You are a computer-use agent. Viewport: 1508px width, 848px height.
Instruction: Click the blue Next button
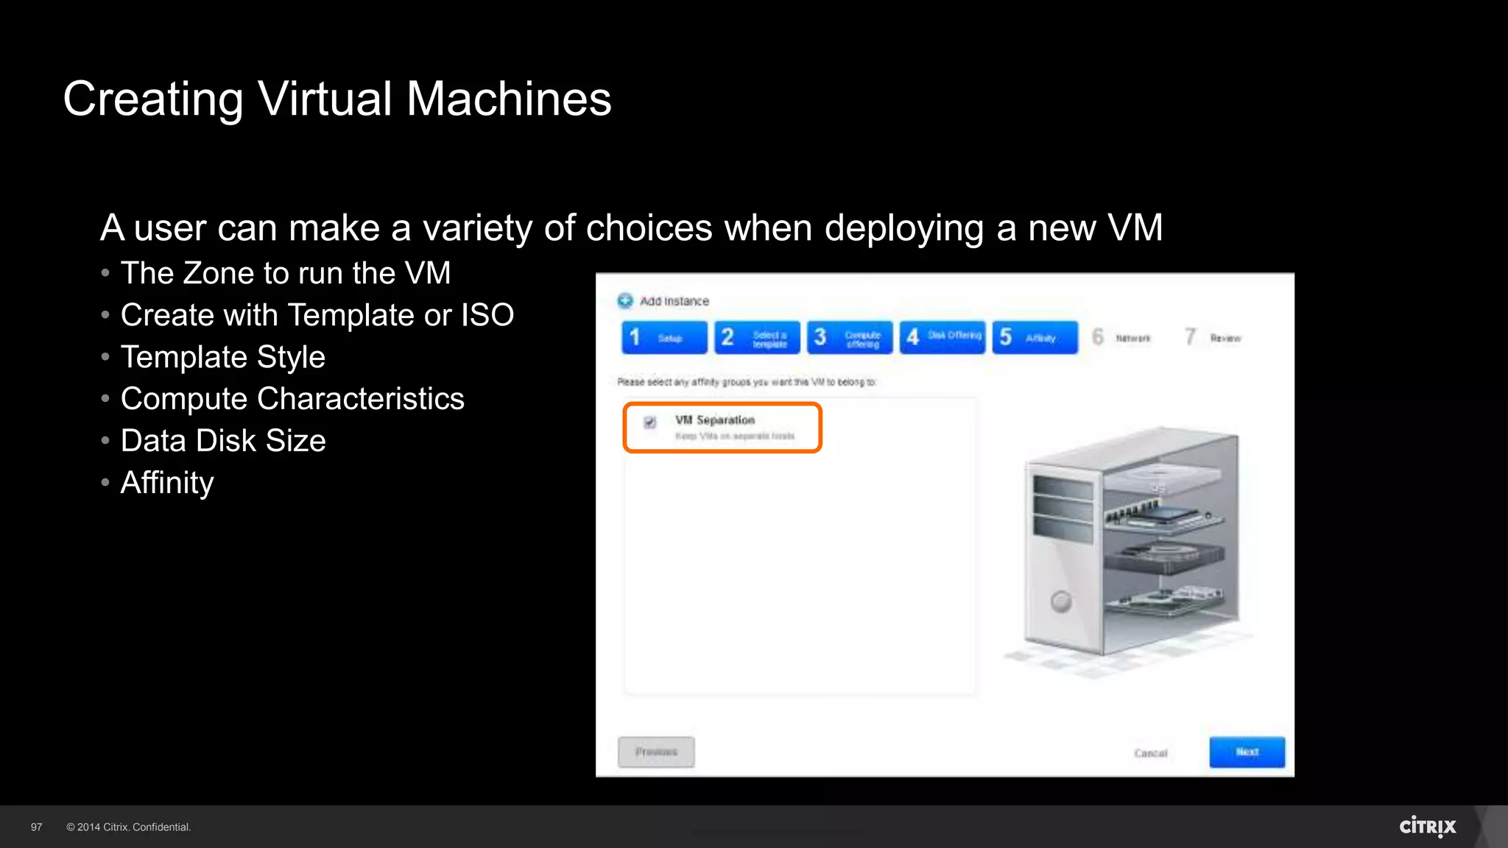pyautogui.click(x=1247, y=752)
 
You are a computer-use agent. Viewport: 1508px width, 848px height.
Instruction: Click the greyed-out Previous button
pyautogui.click(x=655, y=752)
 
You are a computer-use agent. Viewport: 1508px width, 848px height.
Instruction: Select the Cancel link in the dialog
pyautogui.click(x=1150, y=753)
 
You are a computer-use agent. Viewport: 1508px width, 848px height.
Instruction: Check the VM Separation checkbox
pyautogui.click(x=649, y=423)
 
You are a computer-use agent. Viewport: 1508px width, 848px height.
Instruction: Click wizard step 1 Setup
pyautogui.click(x=664, y=337)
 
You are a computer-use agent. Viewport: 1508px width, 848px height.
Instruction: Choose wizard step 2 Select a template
pyautogui.click(x=757, y=337)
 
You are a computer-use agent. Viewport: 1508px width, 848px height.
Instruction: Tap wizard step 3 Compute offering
pyautogui.click(x=850, y=337)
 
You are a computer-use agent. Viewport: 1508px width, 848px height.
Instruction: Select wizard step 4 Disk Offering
pyautogui.click(x=942, y=337)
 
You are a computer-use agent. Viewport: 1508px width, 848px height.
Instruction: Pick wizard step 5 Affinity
pyautogui.click(x=1035, y=337)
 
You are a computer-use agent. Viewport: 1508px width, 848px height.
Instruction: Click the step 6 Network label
pyautogui.click(x=1132, y=339)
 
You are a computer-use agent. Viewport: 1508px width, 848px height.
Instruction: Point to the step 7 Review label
pyautogui.click(x=1225, y=339)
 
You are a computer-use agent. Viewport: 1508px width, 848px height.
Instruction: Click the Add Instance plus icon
pyautogui.click(x=625, y=300)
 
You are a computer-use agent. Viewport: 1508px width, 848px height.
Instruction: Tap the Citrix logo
pyautogui.click(x=1427, y=827)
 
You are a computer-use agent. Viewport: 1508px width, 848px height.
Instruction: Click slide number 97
pyautogui.click(x=36, y=827)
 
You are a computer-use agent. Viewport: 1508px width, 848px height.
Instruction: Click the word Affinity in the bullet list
pyautogui.click(x=167, y=483)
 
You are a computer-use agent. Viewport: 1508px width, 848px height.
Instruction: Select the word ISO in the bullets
pyautogui.click(x=487, y=315)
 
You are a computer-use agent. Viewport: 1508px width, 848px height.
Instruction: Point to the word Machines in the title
pyautogui.click(x=509, y=99)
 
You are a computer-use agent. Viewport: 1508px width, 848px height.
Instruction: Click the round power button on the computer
pyautogui.click(x=1061, y=601)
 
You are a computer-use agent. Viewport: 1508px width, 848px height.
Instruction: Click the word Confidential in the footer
pyautogui.click(x=161, y=827)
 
